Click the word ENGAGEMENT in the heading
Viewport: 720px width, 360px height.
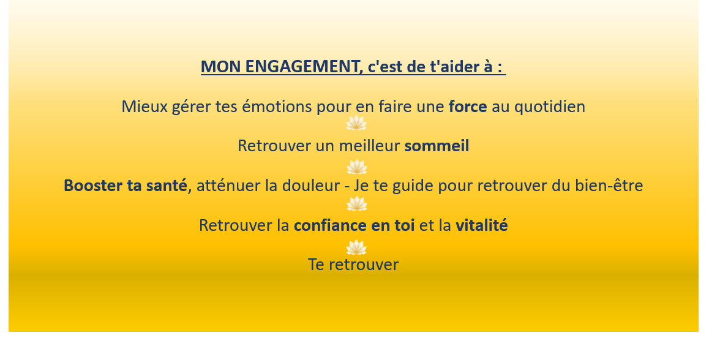pos(302,67)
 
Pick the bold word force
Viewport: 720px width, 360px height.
pos(468,107)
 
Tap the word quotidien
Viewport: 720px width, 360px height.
pos(550,107)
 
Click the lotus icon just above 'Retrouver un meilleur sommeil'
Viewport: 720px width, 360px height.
pos(356,123)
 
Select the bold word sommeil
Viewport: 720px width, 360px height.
pos(437,146)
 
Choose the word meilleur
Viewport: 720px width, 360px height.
pos(370,146)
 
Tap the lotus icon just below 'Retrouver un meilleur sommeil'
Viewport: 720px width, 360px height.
pos(356,167)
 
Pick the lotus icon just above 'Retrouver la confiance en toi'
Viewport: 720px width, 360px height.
pos(356,203)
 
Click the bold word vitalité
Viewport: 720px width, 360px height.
pos(482,225)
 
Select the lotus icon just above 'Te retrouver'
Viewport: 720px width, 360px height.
pos(356,247)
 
